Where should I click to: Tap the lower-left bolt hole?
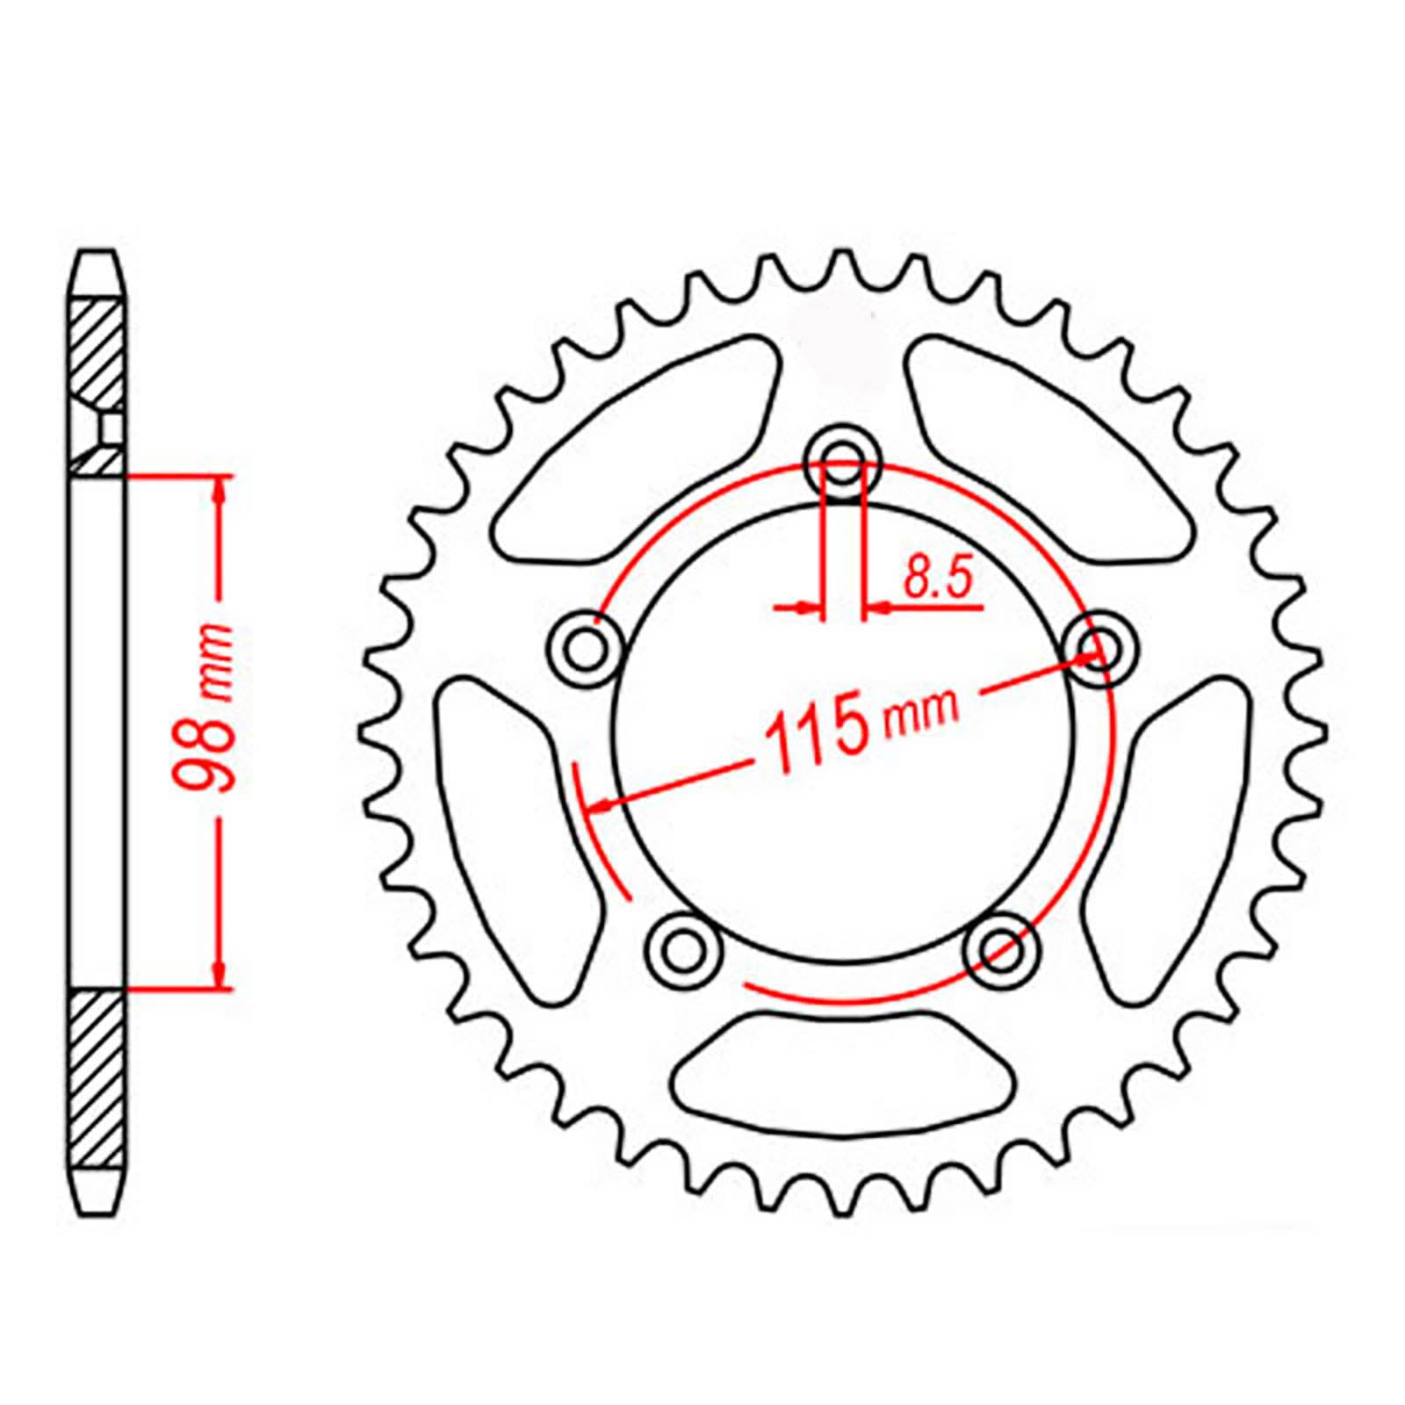[682, 948]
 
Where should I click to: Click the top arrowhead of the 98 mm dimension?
[219, 492]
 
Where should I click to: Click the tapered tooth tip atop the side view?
[97, 272]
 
